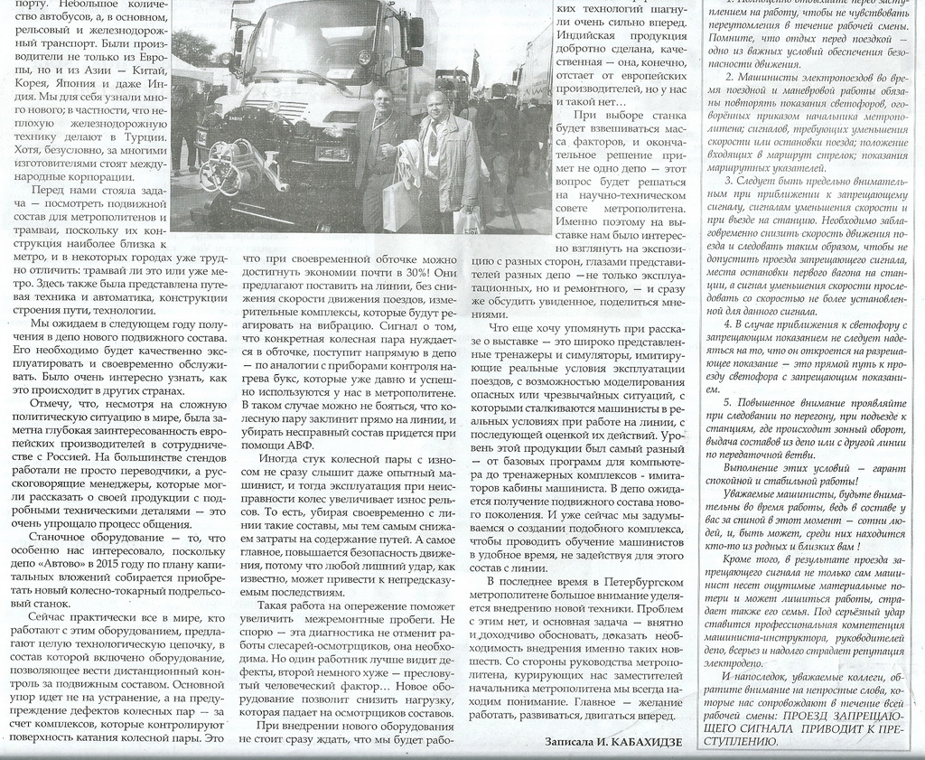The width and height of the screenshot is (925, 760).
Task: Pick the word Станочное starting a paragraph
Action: click(x=61, y=537)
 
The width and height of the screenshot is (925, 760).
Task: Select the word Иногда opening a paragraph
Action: click(x=280, y=462)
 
